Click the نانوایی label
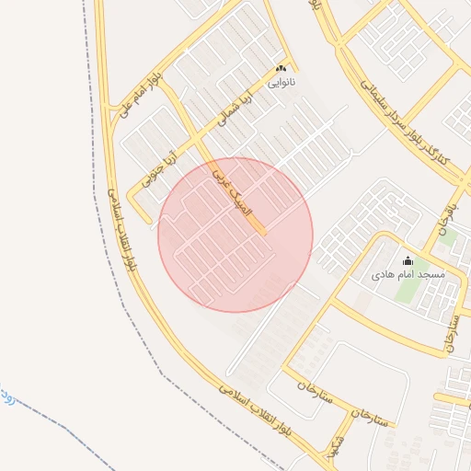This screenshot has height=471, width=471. pos(281,82)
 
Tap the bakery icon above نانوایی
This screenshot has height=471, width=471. pos(281,68)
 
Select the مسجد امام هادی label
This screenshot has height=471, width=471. pos(408,274)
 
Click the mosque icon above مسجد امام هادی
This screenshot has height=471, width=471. pos(408,261)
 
